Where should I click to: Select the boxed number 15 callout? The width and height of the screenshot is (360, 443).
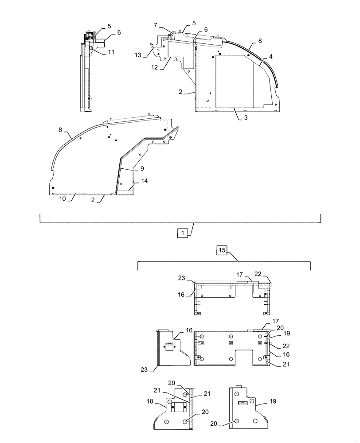pyautogui.click(x=222, y=250)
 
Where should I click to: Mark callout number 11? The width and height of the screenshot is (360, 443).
pyautogui.click(x=110, y=52)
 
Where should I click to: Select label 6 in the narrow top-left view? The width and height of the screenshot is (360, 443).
pyautogui.click(x=118, y=33)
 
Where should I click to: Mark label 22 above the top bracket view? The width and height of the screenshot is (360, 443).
pyautogui.click(x=269, y=275)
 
